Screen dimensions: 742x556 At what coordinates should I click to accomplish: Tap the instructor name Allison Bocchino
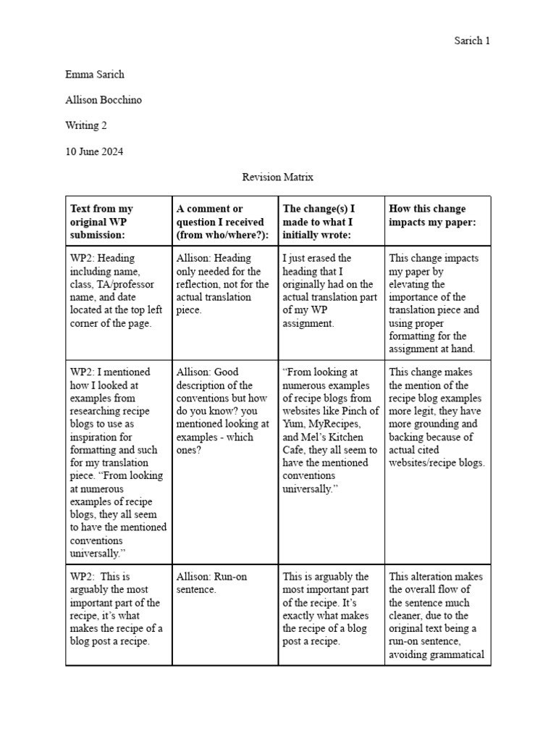pos(104,100)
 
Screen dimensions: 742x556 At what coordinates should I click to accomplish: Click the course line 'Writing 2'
pos(86,125)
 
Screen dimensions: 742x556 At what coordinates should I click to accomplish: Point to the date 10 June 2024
pos(94,151)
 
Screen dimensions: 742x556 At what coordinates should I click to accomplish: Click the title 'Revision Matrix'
pos(277,177)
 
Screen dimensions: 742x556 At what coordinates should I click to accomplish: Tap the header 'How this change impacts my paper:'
pos(432,215)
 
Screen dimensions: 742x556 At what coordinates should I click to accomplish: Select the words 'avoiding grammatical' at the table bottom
pos(437,655)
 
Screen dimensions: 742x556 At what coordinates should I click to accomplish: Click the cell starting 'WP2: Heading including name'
pos(116,290)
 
